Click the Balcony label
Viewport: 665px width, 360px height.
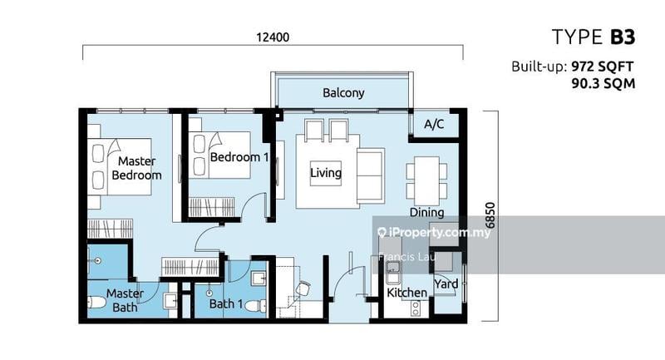343,93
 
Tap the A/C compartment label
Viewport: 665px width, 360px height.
434,124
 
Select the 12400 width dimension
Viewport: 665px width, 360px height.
273,37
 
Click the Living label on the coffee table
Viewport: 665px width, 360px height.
326,173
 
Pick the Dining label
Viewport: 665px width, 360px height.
426,213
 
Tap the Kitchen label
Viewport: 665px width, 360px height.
406,293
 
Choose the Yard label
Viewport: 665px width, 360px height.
446,284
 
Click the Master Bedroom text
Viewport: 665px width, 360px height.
136,168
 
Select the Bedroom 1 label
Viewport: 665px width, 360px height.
239,157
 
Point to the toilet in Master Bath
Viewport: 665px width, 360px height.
96,303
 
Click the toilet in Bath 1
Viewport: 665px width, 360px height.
257,306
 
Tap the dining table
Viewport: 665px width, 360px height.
426,180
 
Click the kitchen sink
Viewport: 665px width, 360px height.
393,272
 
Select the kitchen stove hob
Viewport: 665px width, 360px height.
415,308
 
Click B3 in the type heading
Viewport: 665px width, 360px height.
623,37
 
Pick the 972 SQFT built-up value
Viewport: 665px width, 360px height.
602,67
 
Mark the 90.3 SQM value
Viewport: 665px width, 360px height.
603,83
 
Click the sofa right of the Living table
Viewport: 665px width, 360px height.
371,175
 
